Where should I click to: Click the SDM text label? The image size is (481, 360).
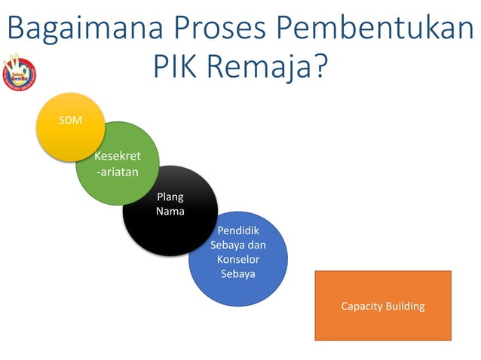(70, 121)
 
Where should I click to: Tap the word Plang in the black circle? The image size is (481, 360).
(170, 197)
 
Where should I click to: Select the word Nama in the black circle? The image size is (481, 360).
(170, 211)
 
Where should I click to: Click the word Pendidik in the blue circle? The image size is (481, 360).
(238, 230)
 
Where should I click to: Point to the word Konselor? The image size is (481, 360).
(238, 259)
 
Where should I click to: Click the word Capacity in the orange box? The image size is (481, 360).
(363, 307)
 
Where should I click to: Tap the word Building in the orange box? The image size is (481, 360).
(405, 307)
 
